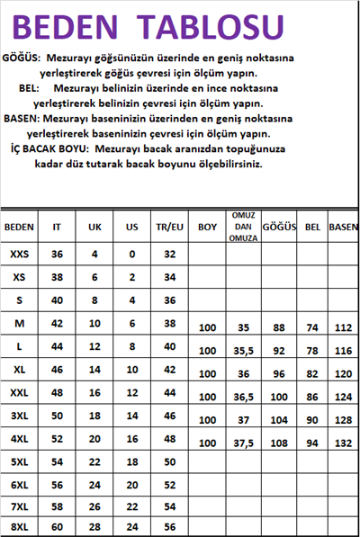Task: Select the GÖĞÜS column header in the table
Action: [x=279, y=228]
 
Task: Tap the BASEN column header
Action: [x=344, y=228]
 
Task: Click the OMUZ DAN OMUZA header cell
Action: [x=240, y=227]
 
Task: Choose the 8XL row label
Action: [x=20, y=526]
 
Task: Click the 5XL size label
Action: [x=20, y=461]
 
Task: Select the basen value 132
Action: [x=344, y=443]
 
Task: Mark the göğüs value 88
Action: [x=279, y=328]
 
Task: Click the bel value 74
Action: [x=313, y=328]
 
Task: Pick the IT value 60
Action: [x=58, y=526]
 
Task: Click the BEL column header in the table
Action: [x=313, y=228]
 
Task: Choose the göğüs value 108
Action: [x=279, y=443]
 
